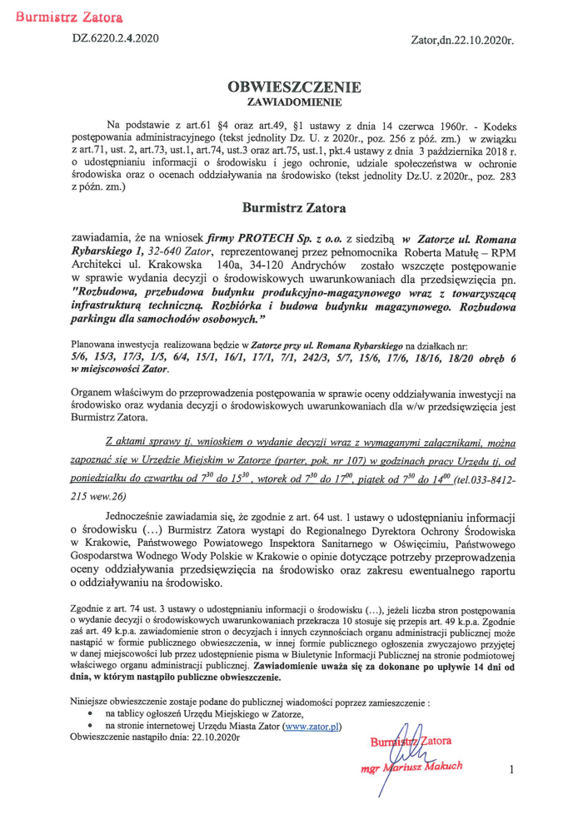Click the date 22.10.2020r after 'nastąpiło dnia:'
tap(207, 737)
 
